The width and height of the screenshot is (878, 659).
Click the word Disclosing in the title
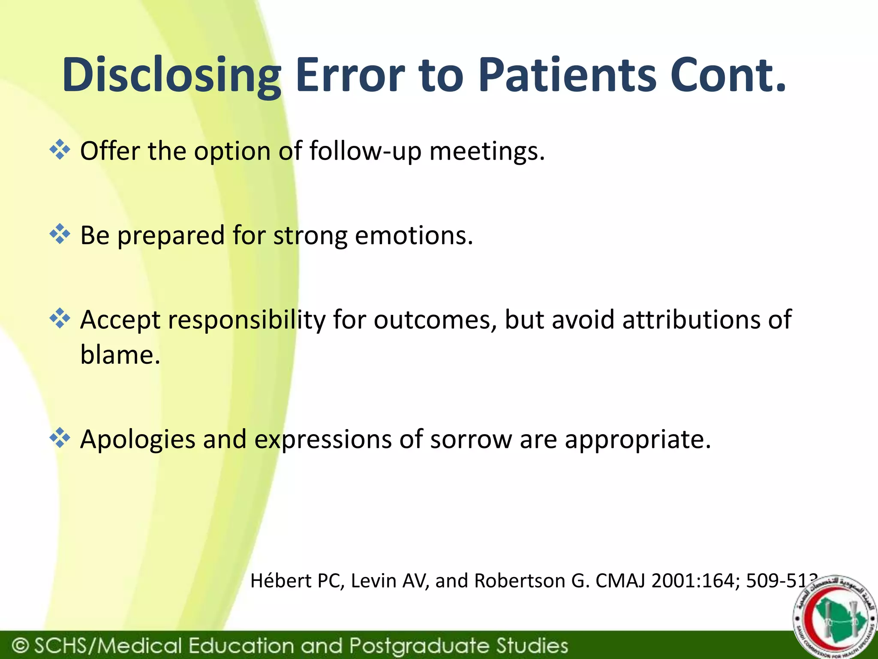171,76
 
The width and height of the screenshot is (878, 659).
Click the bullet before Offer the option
60,150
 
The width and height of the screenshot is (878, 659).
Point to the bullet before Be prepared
60,234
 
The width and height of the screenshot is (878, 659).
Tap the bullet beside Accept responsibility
60,319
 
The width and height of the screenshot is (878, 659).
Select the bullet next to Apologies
60,438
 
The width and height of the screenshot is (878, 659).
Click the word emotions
414,236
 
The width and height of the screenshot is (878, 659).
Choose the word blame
120,355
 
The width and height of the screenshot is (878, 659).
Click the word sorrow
471,439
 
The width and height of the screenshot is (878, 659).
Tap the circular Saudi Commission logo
831,618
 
